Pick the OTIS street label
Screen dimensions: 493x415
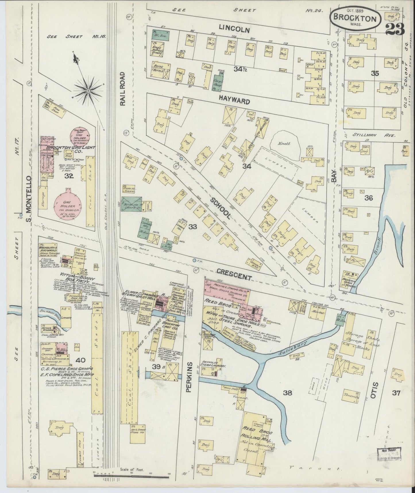pyautogui.click(x=373, y=390)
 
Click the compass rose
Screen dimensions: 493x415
pyautogui.click(x=88, y=91)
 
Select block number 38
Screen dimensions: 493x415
pyautogui.click(x=287, y=393)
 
